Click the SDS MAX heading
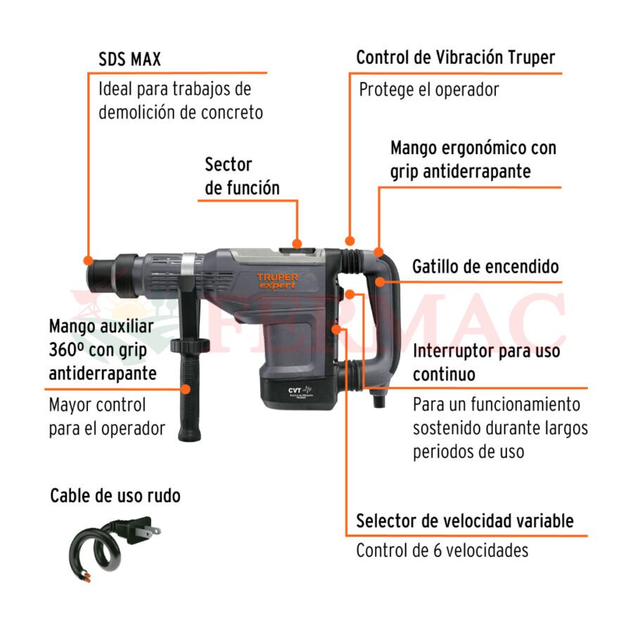click(x=129, y=59)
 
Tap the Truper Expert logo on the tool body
click(x=277, y=281)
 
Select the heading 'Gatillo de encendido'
click(x=485, y=267)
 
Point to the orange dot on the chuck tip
click(x=89, y=260)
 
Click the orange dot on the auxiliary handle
click(x=185, y=389)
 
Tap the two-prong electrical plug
click(x=139, y=530)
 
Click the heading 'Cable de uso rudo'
click(x=115, y=495)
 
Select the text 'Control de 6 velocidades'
click(x=442, y=550)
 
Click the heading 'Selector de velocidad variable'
click(x=465, y=520)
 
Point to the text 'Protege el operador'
click(x=429, y=89)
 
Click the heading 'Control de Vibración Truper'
click(x=455, y=58)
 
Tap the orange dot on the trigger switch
click(x=381, y=281)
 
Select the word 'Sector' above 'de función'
click(x=228, y=165)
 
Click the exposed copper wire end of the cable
click(x=86, y=577)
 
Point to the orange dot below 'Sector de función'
click(x=297, y=243)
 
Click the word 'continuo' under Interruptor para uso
click(x=444, y=374)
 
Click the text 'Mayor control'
click(x=97, y=405)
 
